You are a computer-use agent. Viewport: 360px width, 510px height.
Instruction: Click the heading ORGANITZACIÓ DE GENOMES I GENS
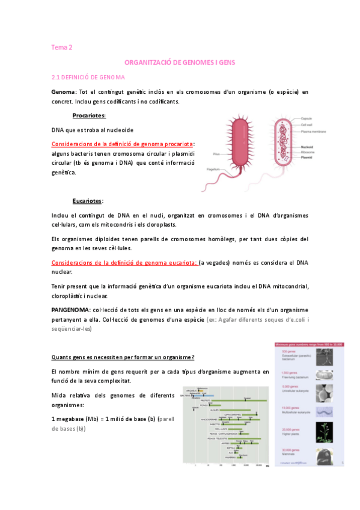point(180,62)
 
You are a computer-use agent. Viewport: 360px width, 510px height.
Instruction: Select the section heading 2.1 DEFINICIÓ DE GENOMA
point(88,78)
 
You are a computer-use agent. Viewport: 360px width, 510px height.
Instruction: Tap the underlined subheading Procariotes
point(89,115)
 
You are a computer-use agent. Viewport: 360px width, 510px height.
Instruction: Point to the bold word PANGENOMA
point(70,309)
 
